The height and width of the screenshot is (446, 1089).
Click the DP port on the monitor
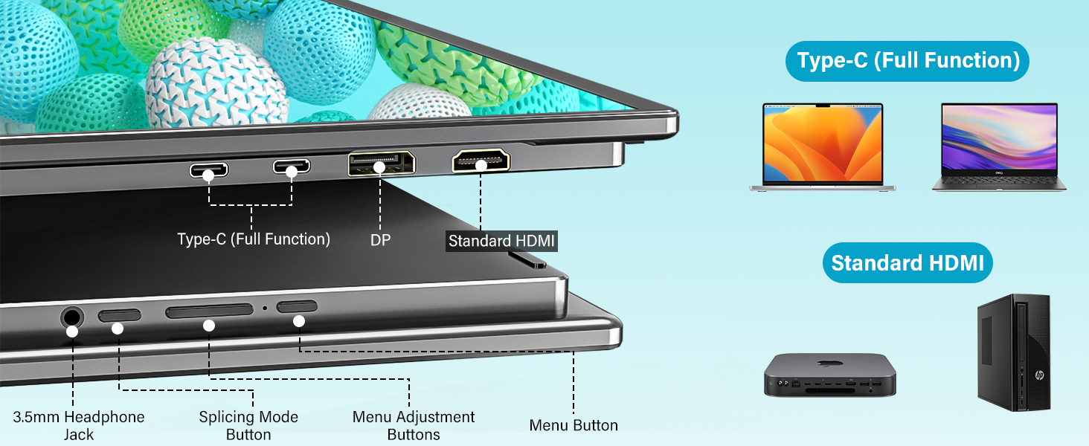(x=380, y=162)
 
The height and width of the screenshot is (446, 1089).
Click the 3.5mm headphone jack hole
(x=71, y=318)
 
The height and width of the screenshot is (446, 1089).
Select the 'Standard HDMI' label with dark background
(x=501, y=241)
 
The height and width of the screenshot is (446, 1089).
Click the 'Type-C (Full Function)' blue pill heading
(x=907, y=61)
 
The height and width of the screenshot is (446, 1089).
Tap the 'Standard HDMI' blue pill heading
(x=907, y=263)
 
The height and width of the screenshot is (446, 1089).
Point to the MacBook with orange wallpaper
(x=822, y=147)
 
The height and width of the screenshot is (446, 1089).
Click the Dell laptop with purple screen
(x=999, y=147)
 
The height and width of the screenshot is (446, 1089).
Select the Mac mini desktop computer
(x=830, y=375)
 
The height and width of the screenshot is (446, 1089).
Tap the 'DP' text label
(x=380, y=239)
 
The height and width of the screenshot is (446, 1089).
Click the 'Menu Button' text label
(x=574, y=425)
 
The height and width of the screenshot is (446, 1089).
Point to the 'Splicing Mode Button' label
(x=248, y=425)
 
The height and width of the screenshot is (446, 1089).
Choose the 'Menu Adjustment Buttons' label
(x=414, y=425)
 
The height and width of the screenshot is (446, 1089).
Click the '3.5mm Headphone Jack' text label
(x=79, y=425)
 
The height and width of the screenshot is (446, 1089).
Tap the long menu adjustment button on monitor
(x=209, y=311)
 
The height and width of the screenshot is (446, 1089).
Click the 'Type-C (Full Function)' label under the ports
(x=254, y=239)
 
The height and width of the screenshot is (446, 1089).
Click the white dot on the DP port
(x=379, y=167)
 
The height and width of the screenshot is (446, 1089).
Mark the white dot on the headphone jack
(x=72, y=331)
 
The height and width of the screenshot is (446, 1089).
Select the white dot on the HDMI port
(x=481, y=165)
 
